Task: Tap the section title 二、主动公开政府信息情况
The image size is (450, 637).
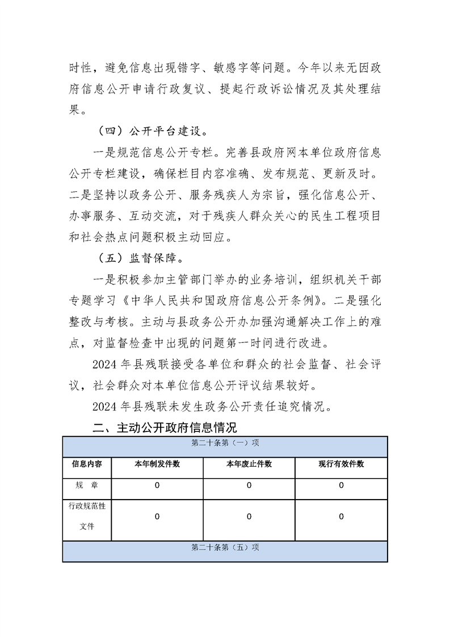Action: [x=165, y=427]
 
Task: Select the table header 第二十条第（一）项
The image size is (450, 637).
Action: [x=225, y=443]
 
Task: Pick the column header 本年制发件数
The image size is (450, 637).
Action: [x=157, y=464]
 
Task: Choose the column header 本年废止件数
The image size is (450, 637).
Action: [x=249, y=464]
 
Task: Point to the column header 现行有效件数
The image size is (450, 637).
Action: [x=341, y=464]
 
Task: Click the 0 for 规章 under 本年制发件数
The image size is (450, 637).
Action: [x=157, y=485]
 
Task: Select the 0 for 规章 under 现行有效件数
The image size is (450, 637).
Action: [x=341, y=485]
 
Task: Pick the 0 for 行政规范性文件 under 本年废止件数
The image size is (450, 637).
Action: [x=249, y=517]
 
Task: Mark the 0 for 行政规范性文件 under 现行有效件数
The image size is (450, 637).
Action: [x=341, y=517]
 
